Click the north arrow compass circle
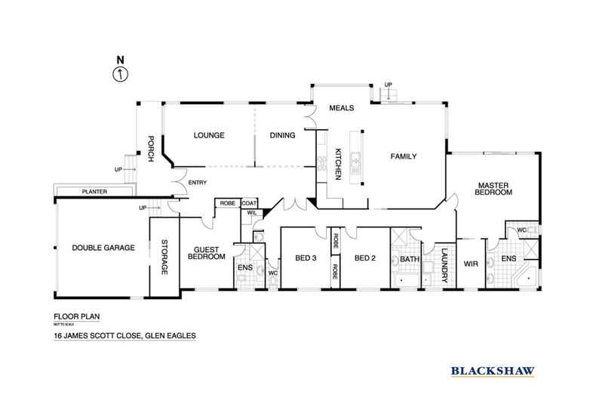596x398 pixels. pyautogui.click(x=118, y=74)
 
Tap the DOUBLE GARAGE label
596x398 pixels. pyautogui.click(x=103, y=248)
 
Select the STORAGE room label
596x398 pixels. pyautogui.click(x=164, y=258)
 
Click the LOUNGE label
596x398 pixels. pyautogui.click(x=209, y=136)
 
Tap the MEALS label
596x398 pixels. pyautogui.click(x=342, y=108)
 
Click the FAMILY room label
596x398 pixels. pyautogui.click(x=403, y=156)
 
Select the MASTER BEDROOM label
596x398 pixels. pyautogui.click(x=493, y=188)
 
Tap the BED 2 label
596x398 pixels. pyautogui.click(x=364, y=258)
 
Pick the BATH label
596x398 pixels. pyautogui.click(x=409, y=259)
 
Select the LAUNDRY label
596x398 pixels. pyautogui.click(x=445, y=265)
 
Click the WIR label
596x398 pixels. pyautogui.click(x=471, y=264)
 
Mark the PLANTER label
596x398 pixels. pyautogui.click(x=96, y=193)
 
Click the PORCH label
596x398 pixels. pyautogui.click(x=150, y=144)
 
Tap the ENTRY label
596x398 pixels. pyautogui.click(x=197, y=182)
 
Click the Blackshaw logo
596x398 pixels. pyautogui.click(x=493, y=370)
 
